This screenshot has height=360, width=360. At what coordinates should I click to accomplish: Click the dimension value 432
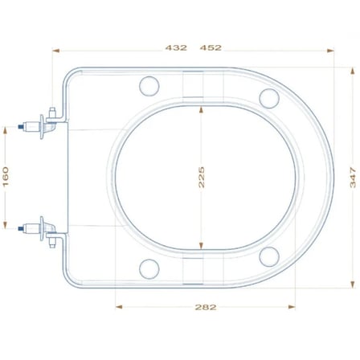176,47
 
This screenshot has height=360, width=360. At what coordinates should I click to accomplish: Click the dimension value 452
211,47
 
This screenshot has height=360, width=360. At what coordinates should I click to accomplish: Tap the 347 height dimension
353,178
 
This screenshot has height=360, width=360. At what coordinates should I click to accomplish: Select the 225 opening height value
202,177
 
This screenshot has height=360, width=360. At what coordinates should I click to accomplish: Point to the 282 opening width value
206,307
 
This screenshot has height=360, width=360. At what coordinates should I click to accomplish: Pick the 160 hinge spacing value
6,177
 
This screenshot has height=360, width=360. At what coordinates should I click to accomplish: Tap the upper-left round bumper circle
149,86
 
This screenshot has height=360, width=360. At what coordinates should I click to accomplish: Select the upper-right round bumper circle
269,98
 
